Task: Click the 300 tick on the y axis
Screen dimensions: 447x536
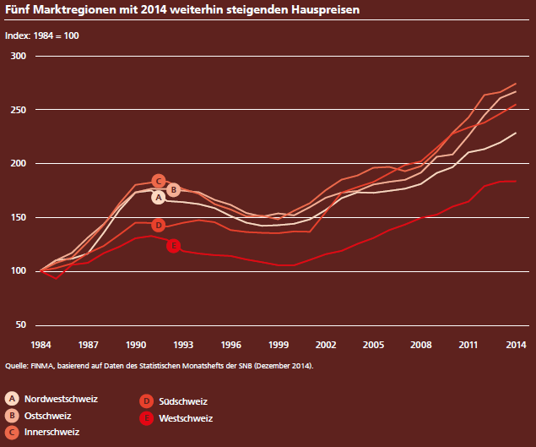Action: [19, 56]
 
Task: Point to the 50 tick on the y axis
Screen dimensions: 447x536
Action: [21, 325]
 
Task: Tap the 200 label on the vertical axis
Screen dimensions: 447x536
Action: [19, 163]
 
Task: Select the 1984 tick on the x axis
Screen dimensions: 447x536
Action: [41, 345]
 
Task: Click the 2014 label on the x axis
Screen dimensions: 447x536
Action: [516, 345]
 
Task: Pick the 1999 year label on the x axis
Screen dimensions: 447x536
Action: [279, 345]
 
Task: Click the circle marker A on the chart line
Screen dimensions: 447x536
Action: [158, 197]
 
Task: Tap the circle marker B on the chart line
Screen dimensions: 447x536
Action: [173, 189]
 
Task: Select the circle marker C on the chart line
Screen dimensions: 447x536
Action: [159, 181]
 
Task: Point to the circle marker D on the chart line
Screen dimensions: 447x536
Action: [158, 225]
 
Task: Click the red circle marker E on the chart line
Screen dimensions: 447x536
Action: [173, 246]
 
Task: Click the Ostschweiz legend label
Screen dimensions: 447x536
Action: [48, 415]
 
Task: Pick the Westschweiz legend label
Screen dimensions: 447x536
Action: [185, 418]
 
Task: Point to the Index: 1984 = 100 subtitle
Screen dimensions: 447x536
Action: [42, 37]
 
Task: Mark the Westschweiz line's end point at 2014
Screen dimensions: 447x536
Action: [516, 181]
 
